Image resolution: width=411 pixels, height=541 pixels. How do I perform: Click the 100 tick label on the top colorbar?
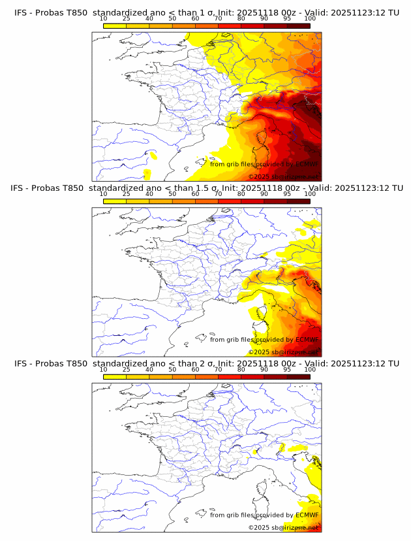310,18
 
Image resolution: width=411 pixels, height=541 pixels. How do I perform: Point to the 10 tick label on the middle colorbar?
104,193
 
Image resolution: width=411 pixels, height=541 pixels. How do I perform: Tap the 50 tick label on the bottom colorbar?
172,369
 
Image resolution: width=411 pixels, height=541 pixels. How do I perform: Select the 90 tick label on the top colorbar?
264,18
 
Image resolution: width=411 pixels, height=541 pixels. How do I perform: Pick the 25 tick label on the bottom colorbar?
127,369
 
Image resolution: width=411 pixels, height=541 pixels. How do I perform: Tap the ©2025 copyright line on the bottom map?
283,527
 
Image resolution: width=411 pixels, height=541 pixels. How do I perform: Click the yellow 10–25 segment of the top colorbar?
115,25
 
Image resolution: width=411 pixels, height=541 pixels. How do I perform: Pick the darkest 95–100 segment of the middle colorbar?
298,201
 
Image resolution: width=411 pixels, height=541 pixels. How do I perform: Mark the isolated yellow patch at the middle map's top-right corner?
301,231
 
